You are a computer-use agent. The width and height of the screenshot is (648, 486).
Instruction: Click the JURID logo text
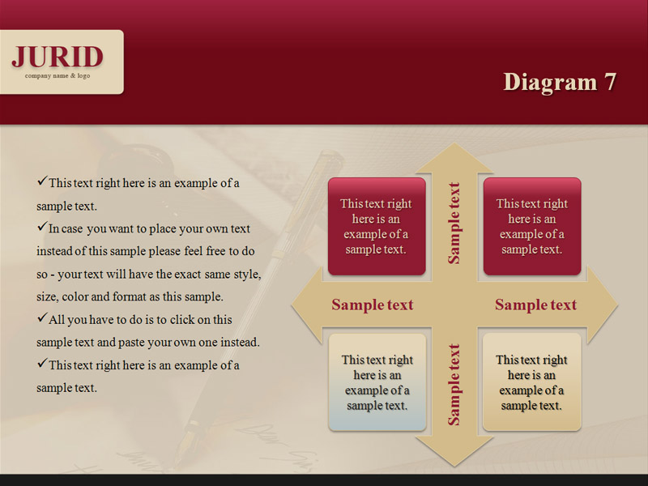click(x=58, y=57)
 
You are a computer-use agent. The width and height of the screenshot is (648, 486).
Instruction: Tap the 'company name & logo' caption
click(x=58, y=76)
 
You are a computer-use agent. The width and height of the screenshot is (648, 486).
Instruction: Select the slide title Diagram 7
click(x=560, y=82)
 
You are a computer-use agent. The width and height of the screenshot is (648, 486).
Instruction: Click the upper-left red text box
click(x=377, y=227)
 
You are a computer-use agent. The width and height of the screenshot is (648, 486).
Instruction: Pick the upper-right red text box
click(x=532, y=227)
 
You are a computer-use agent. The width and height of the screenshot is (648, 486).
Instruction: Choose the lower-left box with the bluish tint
click(x=377, y=382)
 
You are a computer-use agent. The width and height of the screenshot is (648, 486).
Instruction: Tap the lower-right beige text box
click(x=532, y=382)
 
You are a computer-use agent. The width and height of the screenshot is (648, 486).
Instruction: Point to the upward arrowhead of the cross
click(x=454, y=158)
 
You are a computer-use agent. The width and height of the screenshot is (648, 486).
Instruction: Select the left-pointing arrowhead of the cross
click(x=307, y=305)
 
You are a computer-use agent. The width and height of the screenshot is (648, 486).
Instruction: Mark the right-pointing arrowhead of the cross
click(x=603, y=305)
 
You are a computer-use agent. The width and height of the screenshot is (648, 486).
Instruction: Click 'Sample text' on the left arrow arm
click(x=373, y=305)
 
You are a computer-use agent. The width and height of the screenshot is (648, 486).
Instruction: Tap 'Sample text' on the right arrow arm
click(x=535, y=305)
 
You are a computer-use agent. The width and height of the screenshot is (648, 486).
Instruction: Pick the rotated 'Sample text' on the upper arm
click(x=454, y=224)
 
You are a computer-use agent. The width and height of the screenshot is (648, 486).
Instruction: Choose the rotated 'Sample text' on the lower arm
click(x=454, y=385)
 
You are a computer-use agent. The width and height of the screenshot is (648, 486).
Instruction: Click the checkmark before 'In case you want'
click(x=42, y=227)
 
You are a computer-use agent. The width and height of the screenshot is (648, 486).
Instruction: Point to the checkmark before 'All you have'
click(x=42, y=318)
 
